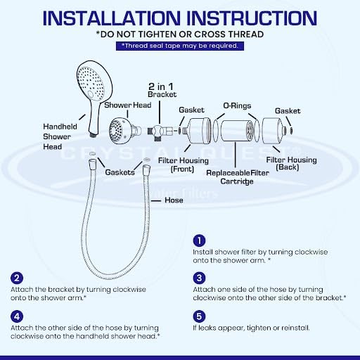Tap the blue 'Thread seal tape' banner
pyautogui.click(x=180, y=46)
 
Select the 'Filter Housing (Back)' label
pyautogui.click(x=291, y=165)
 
